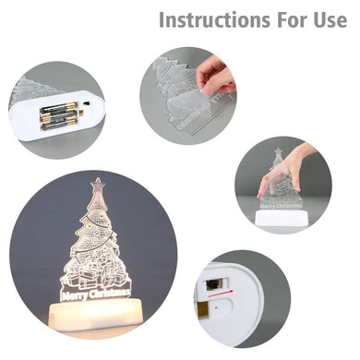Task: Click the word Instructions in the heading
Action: [214, 19]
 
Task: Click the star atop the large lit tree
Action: [98, 185]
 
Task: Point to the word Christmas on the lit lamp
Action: [110, 294]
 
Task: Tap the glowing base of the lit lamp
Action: [96, 316]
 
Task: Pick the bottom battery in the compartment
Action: [58, 125]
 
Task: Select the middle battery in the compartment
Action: [58, 116]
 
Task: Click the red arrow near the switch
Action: [221, 294]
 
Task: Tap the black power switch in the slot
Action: [211, 284]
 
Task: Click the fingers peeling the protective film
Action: [213, 77]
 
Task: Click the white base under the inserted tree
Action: [281, 218]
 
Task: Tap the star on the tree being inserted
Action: [279, 151]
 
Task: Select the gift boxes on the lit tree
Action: [95, 274]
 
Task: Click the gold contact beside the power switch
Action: [202, 309]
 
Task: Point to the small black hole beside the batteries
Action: [87, 103]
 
